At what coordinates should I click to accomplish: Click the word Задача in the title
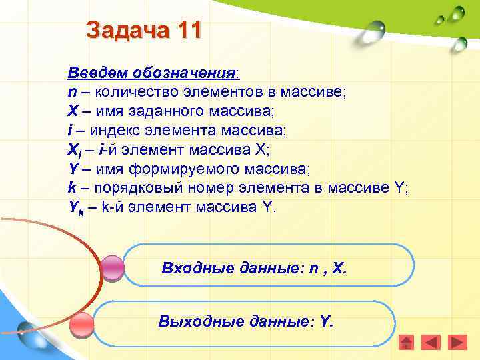[x=125, y=31]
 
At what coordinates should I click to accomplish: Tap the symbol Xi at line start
[x=75, y=149]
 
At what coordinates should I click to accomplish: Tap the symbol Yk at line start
[x=75, y=207]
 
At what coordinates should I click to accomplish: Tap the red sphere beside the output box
[x=83, y=325]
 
